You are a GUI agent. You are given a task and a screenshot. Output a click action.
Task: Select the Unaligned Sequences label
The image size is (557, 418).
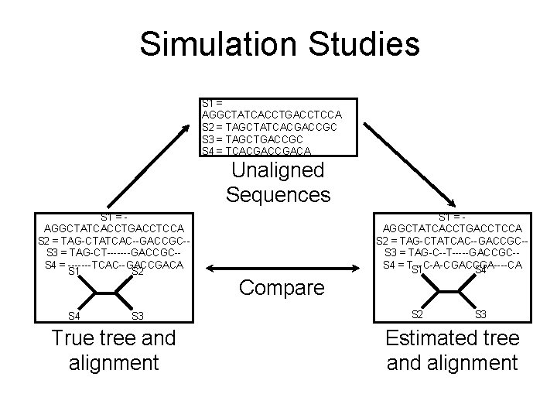[x=278, y=182]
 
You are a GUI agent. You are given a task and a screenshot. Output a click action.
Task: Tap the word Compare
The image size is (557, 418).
[x=281, y=289]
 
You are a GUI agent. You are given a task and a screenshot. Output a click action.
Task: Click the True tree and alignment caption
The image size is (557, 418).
[x=113, y=349]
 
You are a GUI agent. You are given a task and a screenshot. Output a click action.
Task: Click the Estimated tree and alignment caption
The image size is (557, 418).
[x=452, y=349]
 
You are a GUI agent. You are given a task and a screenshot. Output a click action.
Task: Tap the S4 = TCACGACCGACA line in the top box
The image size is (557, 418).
[x=255, y=150]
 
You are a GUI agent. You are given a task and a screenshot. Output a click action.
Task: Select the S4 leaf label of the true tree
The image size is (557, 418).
[x=73, y=316]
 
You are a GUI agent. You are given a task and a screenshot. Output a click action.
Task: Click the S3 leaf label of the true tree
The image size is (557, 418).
[x=138, y=316]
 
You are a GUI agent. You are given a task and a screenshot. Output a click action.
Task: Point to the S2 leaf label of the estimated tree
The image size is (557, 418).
[x=417, y=313]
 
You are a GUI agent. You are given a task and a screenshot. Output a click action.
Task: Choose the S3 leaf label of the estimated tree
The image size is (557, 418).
[x=480, y=313]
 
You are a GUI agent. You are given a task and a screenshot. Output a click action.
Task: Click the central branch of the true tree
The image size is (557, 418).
[x=105, y=293]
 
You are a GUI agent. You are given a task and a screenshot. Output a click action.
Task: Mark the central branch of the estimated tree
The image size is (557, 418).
[x=449, y=292]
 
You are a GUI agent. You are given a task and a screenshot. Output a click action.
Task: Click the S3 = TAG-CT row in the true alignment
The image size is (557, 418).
[x=114, y=252]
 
